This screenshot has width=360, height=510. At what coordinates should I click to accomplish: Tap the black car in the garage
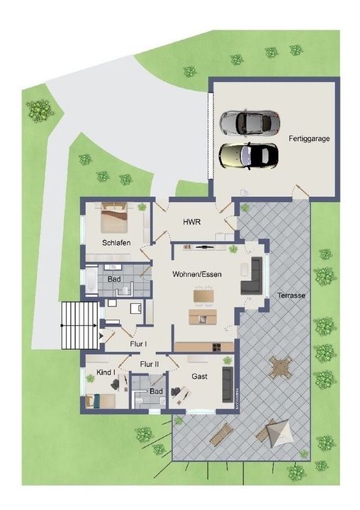(247, 154)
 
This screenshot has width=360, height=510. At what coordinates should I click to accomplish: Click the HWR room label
(191, 222)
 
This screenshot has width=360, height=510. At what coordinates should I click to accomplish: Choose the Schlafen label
(116, 242)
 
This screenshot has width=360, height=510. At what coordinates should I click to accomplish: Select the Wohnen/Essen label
(193, 273)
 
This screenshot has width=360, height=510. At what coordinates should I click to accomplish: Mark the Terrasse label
(291, 295)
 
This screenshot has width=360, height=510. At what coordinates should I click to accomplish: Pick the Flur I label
(138, 344)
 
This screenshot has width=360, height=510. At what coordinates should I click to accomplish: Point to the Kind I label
(95, 371)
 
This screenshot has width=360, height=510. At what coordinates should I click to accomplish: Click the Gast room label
(200, 376)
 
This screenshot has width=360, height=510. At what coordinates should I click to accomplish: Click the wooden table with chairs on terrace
(281, 368)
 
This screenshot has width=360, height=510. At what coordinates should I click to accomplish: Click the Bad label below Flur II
(156, 391)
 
